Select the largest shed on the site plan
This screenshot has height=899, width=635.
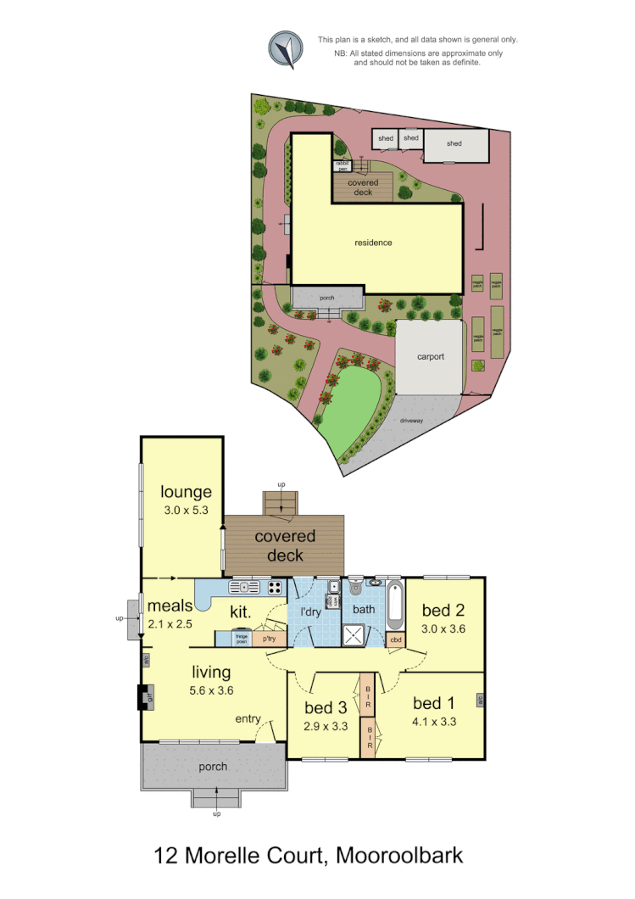456,145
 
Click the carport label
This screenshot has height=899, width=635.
431,357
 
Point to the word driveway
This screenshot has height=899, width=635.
415,420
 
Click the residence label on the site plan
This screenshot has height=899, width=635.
373,243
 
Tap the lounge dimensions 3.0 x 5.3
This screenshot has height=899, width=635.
186,511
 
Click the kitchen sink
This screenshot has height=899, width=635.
244,587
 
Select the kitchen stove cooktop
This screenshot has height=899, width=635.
275,587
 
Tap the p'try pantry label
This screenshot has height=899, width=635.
270,639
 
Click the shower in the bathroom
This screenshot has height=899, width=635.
358,634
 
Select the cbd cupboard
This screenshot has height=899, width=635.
396,639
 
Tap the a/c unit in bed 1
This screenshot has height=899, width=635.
480,701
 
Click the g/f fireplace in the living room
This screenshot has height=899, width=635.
142,696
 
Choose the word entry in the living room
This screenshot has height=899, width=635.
248,719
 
